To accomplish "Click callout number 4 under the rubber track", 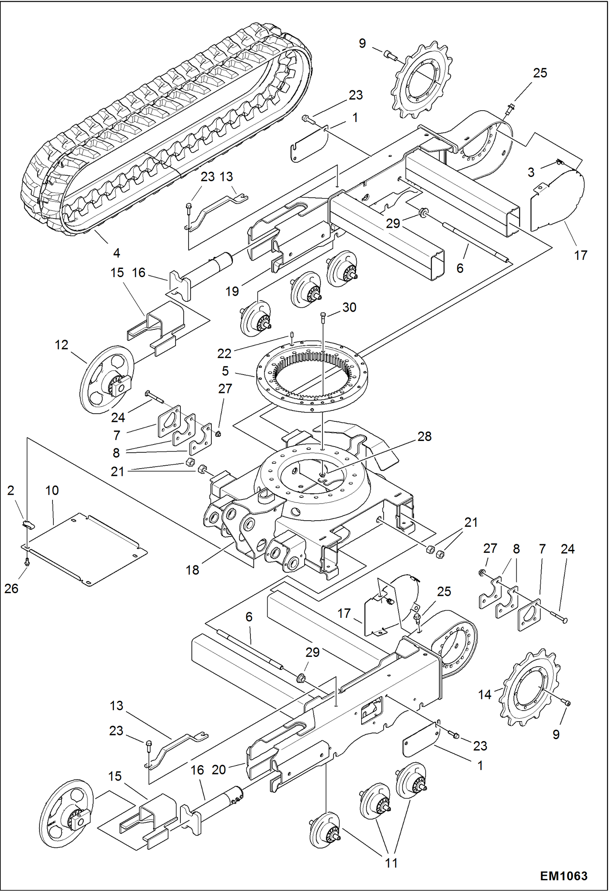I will pyautogui.click(x=116, y=253).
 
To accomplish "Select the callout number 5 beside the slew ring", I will pyautogui.click(x=225, y=371).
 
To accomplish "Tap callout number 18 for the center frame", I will pyautogui.click(x=192, y=570).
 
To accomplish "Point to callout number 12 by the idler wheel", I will pyautogui.click(x=61, y=345).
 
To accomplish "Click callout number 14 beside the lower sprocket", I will pyautogui.click(x=485, y=694).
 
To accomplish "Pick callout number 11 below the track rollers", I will pyautogui.click(x=391, y=863).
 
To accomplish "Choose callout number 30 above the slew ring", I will pyautogui.click(x=349, y=307).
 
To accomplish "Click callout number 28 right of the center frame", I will pyautogui.click(x=424, y=436).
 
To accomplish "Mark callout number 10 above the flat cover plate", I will pyautogui.click(x=52, y=491).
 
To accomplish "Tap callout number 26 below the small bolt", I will pyautogui.click(x=11, y=588).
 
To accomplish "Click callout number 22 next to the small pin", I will pyautogui.click(x=224, y=353).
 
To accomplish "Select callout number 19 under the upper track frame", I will pyautogui.click(x=232, y=291).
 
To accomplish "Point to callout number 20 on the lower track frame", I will pyautogui.click(x=219, y=770).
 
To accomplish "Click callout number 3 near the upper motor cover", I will pyautogui.click(x=531, y=172).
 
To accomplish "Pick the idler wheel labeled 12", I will pyautogui.click(x=107, y=379).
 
